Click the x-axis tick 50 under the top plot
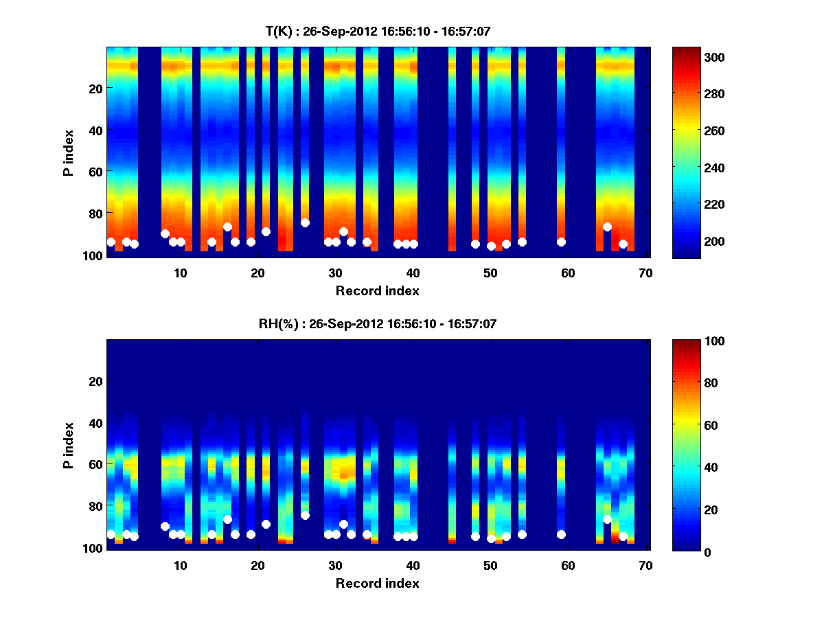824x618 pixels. click(x=490, y=273)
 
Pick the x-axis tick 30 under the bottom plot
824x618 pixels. click(x=335, y=565)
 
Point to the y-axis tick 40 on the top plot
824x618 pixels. click(x=95, y=130)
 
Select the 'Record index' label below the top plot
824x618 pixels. click(x=377, y=290)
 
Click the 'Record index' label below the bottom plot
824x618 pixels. click(x=377, y=583)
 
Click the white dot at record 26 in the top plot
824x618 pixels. click(x=305, y=222)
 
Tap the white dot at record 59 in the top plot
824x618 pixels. click(x=561, y=242)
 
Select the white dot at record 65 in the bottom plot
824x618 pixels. click(x=607, y=519)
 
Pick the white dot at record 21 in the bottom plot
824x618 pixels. click(x=266, y=524)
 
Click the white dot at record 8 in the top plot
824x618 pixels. click(x=165, y=233)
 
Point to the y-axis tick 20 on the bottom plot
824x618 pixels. click(x=95, y=381)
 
